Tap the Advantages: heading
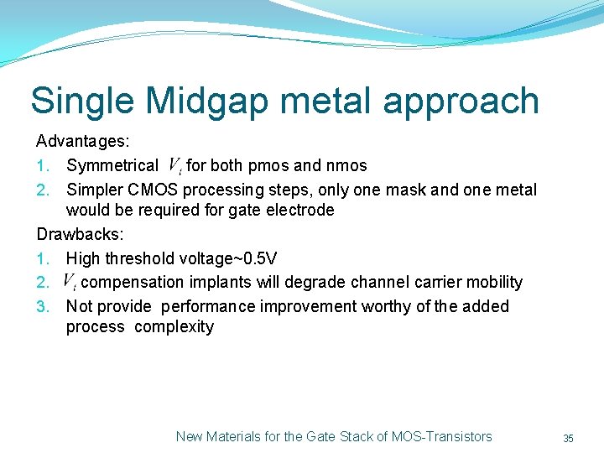pos(82,142)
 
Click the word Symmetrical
pos(112,165)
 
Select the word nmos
pos(346,165)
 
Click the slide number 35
pos(568,438)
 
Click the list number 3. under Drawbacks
pos(44,306)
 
